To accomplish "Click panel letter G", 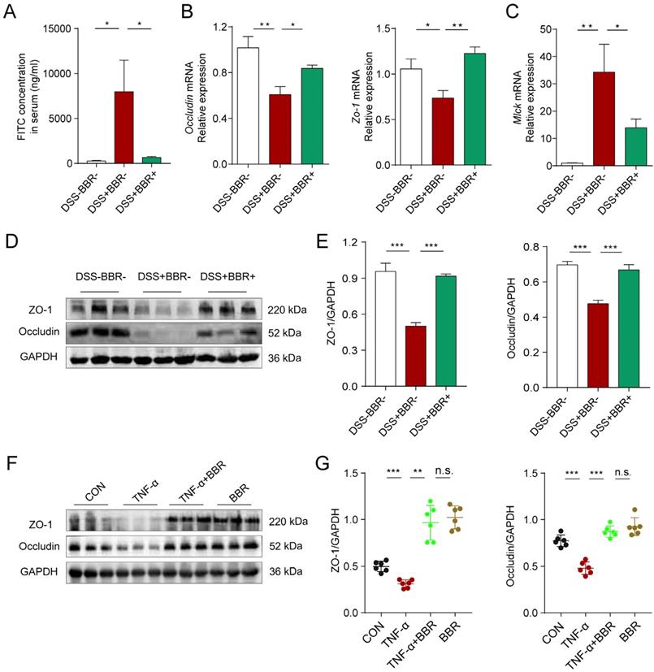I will pyautogui.click(x=324, y=465).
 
